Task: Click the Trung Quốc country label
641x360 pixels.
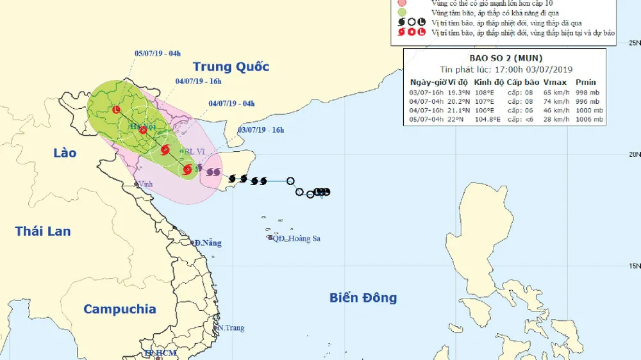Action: point(231,67)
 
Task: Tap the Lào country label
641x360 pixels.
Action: point(65,152)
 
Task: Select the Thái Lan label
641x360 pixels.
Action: point(43,231)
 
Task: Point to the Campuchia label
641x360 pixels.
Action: point(120,309)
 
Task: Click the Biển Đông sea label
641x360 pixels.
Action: point(363,297)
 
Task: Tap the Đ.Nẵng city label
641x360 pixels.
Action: point(208,243)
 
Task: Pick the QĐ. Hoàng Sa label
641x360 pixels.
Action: point(296,238)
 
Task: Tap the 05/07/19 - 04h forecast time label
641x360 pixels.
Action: point(158,54)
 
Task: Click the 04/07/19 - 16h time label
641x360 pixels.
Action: point(198,81)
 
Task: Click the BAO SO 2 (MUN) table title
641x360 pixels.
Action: point(506,58)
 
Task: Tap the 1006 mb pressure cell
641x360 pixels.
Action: point(589,119)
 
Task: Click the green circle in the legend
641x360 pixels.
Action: point(402,12)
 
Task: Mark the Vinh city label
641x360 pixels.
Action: point(147,184)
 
